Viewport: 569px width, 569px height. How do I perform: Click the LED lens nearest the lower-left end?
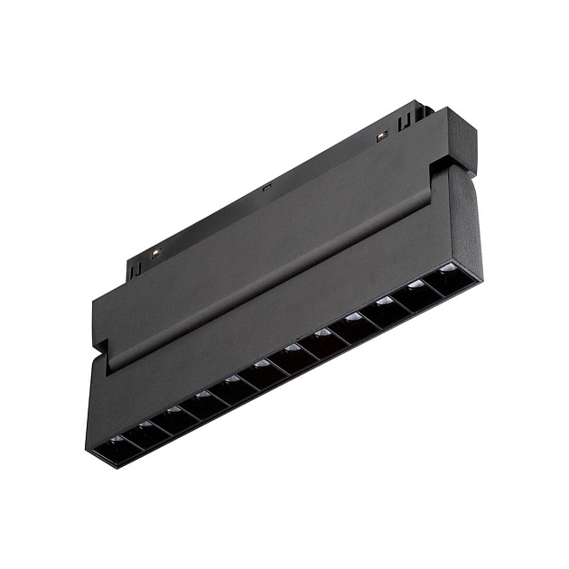coord(116,440)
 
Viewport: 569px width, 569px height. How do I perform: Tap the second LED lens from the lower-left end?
coord(145,424)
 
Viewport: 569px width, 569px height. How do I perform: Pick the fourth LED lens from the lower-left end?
coord(202,395)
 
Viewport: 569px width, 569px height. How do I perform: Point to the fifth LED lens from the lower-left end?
coord(232,379)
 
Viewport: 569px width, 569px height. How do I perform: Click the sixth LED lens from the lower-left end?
coord(262,364)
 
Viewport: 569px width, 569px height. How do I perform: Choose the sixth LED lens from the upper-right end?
coord(292,348)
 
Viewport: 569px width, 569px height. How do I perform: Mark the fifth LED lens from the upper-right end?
coord(322,332)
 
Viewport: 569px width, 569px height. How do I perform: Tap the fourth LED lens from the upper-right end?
coord(353,317)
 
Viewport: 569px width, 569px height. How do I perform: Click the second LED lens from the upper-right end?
coord(415,284)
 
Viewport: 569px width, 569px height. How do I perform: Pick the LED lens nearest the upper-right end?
coord(447,268)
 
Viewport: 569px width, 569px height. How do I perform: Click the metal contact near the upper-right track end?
coord(381,136)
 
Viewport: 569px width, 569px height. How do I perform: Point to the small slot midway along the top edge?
coord(266,188)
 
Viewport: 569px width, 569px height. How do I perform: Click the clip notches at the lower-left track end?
coord(135,267)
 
